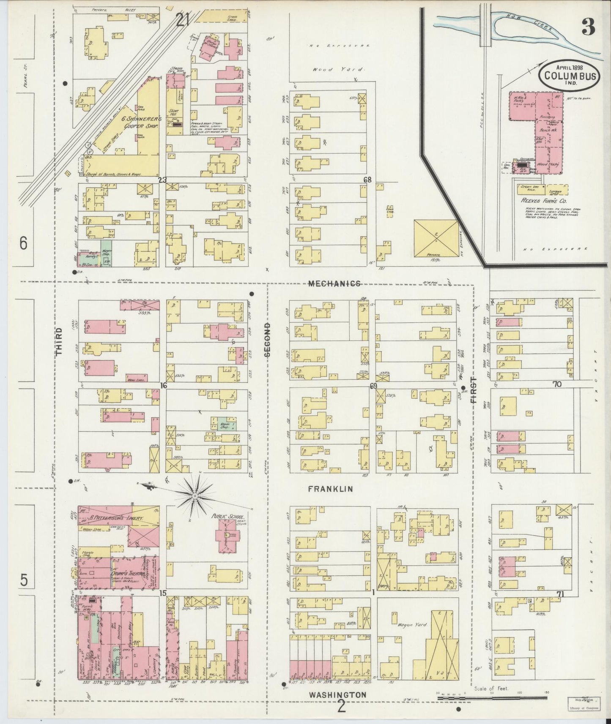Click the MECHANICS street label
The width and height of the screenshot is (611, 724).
click(334, 284)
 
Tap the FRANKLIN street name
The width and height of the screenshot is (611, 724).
click(330, 489)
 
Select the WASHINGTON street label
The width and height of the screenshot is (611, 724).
click(337, 694)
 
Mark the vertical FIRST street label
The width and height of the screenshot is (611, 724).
click(473, 391)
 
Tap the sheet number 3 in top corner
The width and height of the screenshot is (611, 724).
click(588, 27)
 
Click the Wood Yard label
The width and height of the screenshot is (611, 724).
click(328, 70)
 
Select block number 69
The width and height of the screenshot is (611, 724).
click(373, 386)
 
